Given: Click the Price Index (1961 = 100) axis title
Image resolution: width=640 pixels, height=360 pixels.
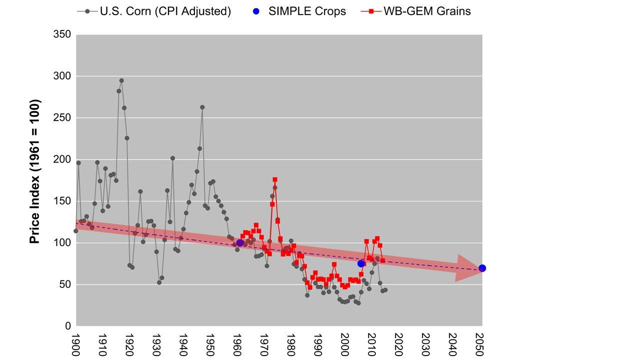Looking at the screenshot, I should pyautogui.click(x=34, y=172).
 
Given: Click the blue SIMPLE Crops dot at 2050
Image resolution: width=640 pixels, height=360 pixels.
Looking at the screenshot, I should pyautogui.click(x=482, y=268).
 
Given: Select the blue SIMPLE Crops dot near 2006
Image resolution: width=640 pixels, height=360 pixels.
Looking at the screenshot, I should pyautogui.click(x=361, y=263).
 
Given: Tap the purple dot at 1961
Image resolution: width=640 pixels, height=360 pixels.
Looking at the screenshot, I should pyautogui.click(x=240, y=243).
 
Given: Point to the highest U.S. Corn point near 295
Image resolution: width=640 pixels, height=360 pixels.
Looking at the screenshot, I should pyautogui.click(x=121, y=80).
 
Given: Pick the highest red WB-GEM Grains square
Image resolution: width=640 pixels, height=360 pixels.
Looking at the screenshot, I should pyautogui.click(x=275, y=179).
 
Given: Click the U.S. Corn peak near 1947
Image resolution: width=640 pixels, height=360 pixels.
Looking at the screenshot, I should pyautogui.click(x=202, y=107).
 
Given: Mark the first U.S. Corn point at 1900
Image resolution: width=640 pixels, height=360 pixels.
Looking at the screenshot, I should pyautogui.click(x=76, y=231).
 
